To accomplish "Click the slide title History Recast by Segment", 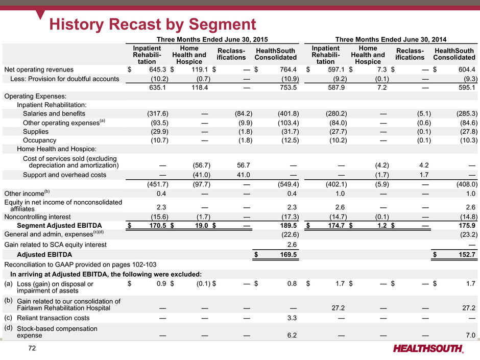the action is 153,24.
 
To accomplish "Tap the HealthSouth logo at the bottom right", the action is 428,348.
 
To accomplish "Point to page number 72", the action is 32,348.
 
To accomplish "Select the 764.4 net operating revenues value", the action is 288,69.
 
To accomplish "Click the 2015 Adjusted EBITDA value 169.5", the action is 288,255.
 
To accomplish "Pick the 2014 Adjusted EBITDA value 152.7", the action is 467,255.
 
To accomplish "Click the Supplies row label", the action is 36,132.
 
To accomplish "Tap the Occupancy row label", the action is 39,140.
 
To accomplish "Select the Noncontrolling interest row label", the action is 37,217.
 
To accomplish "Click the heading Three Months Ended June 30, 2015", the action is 212,39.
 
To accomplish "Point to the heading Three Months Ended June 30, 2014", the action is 391,39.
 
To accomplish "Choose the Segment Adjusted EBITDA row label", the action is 59,226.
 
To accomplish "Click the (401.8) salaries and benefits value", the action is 288,113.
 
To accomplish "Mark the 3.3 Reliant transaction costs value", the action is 292,318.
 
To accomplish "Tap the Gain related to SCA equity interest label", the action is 56,245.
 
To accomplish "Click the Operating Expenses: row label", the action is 35,96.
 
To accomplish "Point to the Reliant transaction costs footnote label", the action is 53,318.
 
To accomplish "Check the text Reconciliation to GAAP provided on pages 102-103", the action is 80,265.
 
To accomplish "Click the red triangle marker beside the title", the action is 40,14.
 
